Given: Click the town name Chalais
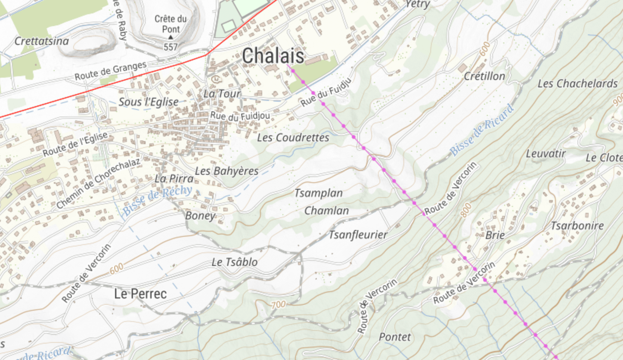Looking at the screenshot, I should [273, 56].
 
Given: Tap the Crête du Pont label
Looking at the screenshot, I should [171, 24].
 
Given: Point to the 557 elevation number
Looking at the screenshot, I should [170, 47].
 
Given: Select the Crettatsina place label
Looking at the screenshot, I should [41, 41].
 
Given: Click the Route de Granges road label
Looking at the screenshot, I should [110, 71].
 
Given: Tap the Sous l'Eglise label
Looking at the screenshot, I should [148, 102].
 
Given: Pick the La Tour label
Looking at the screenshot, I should [222, 94].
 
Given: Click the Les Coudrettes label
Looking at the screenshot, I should [293, 138].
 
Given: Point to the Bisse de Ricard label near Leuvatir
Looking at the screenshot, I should [482, 130].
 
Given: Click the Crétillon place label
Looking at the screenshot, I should [484, 77].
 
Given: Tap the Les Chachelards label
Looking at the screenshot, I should [577, 84].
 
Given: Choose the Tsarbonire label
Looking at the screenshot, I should [577, 226].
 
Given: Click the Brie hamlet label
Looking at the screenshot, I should [495, 235].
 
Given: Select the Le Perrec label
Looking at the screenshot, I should [140, 294].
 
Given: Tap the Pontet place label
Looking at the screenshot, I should [394, 337].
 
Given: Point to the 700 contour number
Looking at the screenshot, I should [278, 305].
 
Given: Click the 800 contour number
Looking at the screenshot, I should [466, 210].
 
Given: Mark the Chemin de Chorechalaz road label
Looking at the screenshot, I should [98, 183].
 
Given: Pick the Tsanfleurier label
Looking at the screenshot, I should [357, 235].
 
